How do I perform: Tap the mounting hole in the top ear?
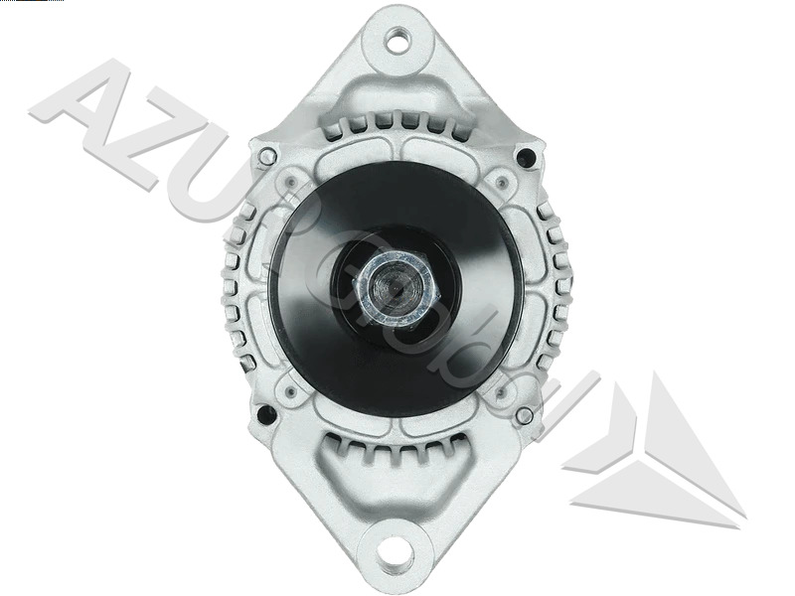[x=397, y=41]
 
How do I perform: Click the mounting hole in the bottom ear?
[x=397, y=549]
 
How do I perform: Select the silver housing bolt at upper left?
[x=266, y=156]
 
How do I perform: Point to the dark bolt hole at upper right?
[x=526, y=156]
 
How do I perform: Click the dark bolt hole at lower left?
[x=264, y=414]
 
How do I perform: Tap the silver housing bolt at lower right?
[x=524, y=415]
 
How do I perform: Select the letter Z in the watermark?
[x=164, y=149]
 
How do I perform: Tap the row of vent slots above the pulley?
[x=397, y=121]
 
